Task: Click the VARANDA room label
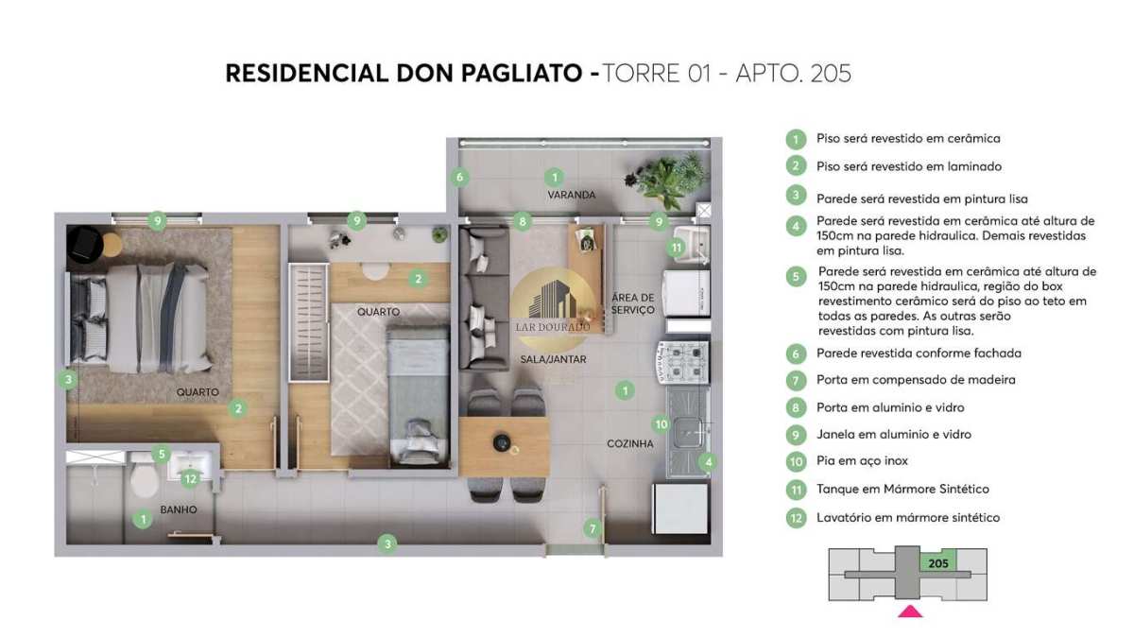point(571,195)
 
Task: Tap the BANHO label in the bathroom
point(179,509)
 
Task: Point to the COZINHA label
point(629,443)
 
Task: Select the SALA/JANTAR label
point(553,359)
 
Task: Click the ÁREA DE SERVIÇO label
point(632,303)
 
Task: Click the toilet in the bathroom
point(145,479)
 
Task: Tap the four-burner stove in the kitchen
point(683,361)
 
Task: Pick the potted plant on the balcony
point(667,180)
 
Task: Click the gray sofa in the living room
point(484,299)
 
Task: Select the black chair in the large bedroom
point(84,245)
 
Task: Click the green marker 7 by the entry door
point(593,528)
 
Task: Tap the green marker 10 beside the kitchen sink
point(661,424)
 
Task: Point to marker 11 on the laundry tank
point(676,248)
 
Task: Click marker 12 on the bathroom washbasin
point(190,478)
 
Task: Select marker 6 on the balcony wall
point(459,178)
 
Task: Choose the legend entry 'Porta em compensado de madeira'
point(916,380)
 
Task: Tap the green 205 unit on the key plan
point(938,563)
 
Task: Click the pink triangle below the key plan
point(910,612)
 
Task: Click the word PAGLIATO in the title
point(521,74)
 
